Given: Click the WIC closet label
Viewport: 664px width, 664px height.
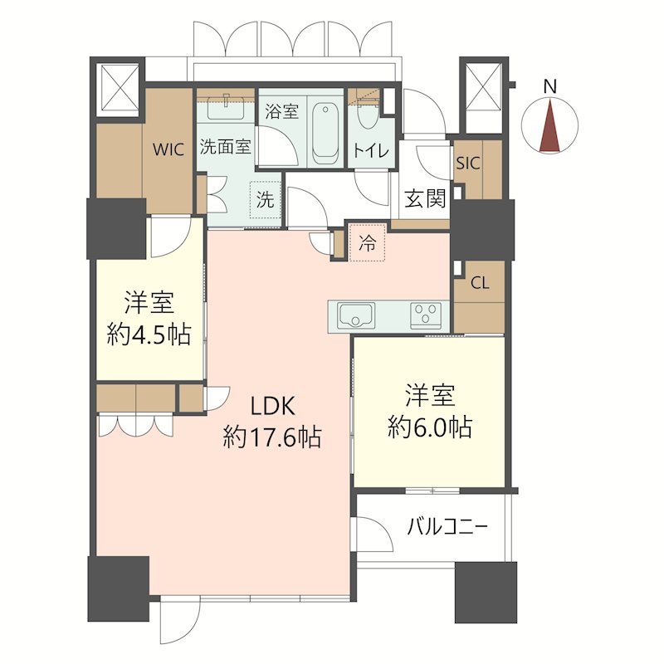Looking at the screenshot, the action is tap(168, 149).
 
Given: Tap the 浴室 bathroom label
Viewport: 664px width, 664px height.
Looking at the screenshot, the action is tap(282, 111).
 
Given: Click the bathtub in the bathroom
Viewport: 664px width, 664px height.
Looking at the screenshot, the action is tap(325, 131).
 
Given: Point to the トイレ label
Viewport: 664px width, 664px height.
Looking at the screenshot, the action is tap(370, 150).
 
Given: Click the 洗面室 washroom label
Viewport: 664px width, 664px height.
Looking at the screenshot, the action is tap(226, 147).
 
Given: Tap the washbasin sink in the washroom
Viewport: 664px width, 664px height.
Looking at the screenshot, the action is tap(226, 111).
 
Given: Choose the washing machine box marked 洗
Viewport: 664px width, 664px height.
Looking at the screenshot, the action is tap(265, 200).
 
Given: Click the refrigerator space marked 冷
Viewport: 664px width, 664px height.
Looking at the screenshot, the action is tap(367, 242).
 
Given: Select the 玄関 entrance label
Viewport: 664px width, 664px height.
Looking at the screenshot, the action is tap(425, 199).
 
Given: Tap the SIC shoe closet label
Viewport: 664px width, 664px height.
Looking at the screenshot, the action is tap(468, 163).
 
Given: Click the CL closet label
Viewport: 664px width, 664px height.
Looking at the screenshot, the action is tap(480, 283).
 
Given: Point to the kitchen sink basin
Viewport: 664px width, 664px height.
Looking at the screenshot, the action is tap(356, 316).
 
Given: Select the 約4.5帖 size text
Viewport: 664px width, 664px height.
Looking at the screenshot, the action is tap(149, 334).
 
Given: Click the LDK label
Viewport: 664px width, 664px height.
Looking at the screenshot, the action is tap(273, 407).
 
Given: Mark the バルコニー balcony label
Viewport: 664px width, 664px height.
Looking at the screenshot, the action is tap(447, 528).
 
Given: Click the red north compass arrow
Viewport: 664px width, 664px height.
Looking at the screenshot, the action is tap(549, 125).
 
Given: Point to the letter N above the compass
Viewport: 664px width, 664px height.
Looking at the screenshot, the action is tap(549, 86).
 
